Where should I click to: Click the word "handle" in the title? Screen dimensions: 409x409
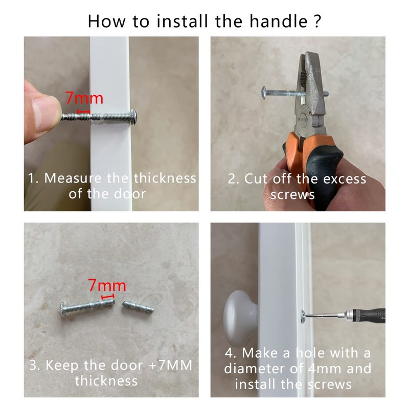click(x=279, y=21)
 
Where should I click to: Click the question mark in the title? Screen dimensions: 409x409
click(x=317, y=21)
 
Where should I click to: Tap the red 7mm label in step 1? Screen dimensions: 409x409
click(x=84, y=98)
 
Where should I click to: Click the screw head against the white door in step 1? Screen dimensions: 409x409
click(x=133, y=117)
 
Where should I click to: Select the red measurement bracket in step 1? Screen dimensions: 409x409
click(x=83, y=111)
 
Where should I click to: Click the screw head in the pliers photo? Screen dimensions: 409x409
click(x=263, y=93)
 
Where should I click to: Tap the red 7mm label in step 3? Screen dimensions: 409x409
click(x=107, y=285)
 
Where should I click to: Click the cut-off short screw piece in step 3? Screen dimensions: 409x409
click(x=138, y=307)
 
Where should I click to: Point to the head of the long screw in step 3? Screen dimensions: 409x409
click(x=63, y=309)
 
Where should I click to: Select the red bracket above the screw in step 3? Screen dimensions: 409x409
click(x=107, y=297)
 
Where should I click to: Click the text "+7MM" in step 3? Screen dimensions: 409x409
click(x=171, y=365)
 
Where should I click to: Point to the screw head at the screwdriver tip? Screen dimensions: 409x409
click(x=303, y=316)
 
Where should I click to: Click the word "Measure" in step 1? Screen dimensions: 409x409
click(x=73, y=178)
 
